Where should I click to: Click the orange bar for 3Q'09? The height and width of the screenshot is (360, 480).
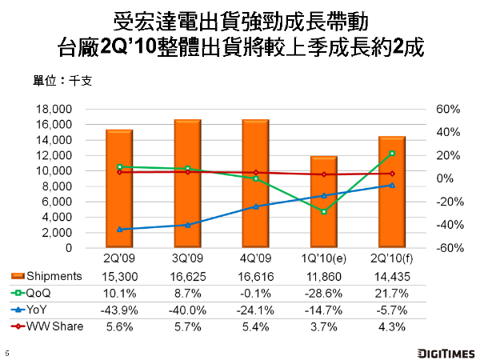point(187,184)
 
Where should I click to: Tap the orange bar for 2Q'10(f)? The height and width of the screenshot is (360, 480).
point(392,192)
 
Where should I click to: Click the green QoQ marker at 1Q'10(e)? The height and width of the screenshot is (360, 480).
point(324,212)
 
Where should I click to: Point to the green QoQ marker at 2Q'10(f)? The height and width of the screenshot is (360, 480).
point(392,153)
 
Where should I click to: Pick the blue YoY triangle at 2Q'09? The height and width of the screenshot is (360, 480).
point(119,230)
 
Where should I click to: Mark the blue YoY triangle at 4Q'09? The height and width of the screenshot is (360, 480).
point(255,206)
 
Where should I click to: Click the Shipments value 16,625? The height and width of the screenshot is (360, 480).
point(187,276)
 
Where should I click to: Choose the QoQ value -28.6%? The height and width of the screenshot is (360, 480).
point(324,292)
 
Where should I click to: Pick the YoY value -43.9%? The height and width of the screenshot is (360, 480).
point(119,309)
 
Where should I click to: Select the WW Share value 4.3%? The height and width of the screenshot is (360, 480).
point(392,325)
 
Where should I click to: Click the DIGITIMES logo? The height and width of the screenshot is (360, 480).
point(445,351)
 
